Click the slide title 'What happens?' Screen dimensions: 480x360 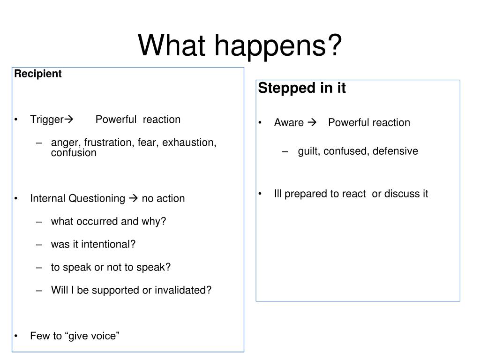tap(240, 45)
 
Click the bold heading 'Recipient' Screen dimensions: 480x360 tap(38, 74)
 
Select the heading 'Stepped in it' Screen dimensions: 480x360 tap(302, 88)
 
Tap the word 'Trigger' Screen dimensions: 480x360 tap(47, 120)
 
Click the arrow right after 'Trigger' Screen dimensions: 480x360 tap(69, 119)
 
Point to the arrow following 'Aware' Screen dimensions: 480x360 tap(312, 122)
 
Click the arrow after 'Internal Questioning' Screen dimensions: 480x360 tap(134, 198)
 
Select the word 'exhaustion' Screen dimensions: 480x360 tap(189, 142)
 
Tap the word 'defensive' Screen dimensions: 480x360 tap(395, 151)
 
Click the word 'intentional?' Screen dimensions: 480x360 tap(108, 244)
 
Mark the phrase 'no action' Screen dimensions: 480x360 tap(163, 198)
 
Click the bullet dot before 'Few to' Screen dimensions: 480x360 tap(16, 336)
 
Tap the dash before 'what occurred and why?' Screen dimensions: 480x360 tap(39, 222)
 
